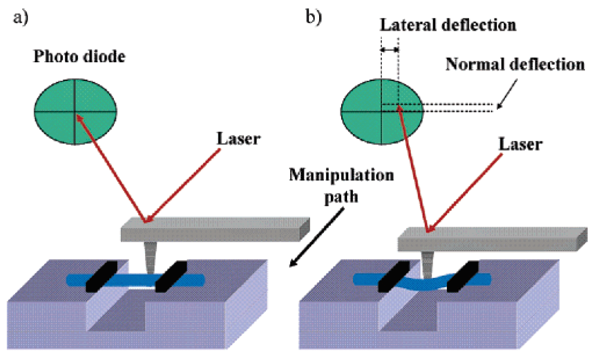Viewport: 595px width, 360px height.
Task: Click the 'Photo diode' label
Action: [x=79, y=57]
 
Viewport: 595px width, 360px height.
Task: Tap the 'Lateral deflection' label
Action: [x=447, y=25]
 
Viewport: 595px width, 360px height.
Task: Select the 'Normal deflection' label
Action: [x=515, y=65]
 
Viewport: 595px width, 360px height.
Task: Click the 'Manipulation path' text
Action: [x=341, y=183]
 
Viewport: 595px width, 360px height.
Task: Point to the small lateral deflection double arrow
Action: [x=389, y=49]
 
